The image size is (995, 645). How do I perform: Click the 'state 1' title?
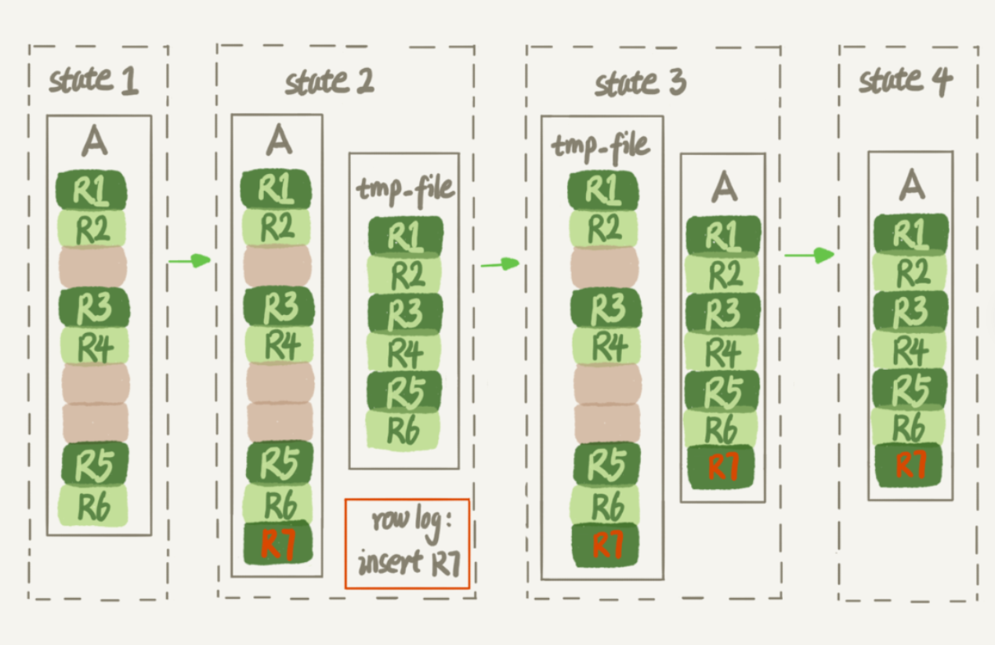[93, 81]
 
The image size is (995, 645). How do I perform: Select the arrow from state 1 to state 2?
[190, 260]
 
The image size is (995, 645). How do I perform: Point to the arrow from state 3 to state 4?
[809, 255]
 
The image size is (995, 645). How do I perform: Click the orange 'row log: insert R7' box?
[407, 543]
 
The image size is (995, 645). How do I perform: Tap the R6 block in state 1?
[94, 506]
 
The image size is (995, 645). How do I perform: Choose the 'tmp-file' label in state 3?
[601, 147]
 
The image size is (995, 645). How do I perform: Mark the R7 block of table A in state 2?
[278, 543]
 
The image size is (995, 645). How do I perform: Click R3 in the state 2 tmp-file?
[404, 313]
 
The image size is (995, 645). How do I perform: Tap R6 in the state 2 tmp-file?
[403, 429]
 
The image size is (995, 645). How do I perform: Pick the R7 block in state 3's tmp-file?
[604, 544]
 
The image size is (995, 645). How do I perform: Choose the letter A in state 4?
[910, 184]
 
